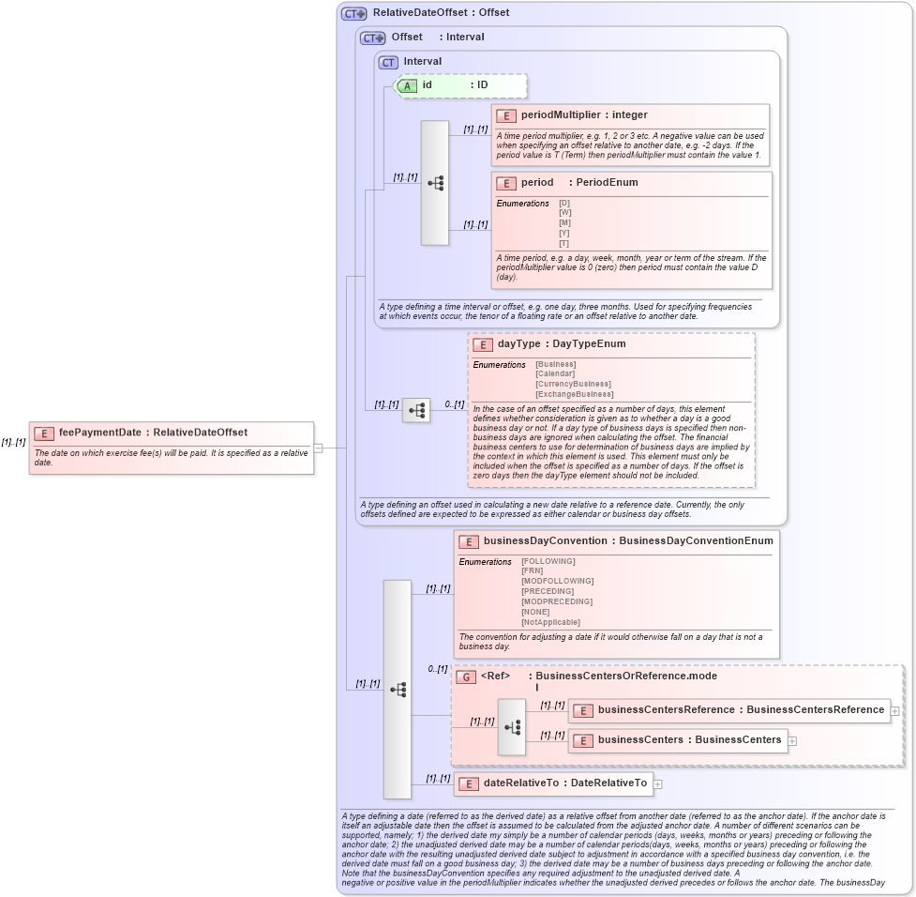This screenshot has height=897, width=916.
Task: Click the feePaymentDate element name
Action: click(99, 433)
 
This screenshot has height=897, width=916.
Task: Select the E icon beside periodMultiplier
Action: click(506, 115)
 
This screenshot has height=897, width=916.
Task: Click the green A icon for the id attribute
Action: click(407, 85)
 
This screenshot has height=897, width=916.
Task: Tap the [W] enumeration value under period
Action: click(564, 213)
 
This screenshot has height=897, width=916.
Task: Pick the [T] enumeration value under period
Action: click(564, 243)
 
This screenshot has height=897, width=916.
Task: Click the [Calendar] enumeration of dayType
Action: click(556, 373)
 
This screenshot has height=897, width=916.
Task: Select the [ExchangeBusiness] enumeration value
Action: click(574, 394)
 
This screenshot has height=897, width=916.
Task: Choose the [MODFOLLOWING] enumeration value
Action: click(557, 582)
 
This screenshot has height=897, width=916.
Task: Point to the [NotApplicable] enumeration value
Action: click(550, 622)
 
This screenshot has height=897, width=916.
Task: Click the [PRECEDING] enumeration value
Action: click(548, 591)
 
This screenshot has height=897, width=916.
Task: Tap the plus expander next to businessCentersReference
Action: click(894, 710)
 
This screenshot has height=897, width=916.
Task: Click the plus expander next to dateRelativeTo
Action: click(657, 783)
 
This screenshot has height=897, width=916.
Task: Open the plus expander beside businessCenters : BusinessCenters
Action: click(792, 740)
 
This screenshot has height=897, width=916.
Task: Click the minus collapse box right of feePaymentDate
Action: click(318, 448)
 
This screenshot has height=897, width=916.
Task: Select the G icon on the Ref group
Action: click(466, 677)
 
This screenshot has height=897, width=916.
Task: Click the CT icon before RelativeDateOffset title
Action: click(353, 13)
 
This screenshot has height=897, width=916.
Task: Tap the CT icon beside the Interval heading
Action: click(388, 62)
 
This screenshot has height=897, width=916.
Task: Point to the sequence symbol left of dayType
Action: click(416, 410)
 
